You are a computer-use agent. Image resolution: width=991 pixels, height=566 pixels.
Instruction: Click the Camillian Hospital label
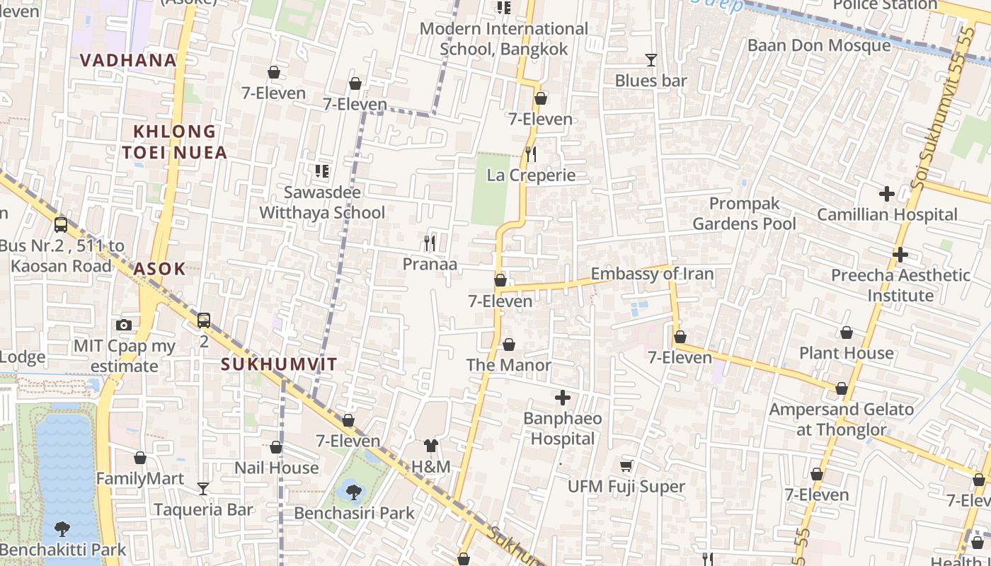click(x=887, y=214)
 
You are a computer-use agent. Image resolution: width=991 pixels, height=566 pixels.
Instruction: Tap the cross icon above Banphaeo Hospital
click(x=563, y=398)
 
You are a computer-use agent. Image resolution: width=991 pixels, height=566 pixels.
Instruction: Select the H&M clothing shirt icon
click(x=430, y=446)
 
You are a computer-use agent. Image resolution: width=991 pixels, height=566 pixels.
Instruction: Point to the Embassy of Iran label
click(x=652, y=274)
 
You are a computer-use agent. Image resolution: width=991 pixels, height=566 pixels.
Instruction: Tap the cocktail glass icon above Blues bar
click(x=651, y=60)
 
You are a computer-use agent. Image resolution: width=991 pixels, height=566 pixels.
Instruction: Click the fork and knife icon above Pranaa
click(x=430, y=243)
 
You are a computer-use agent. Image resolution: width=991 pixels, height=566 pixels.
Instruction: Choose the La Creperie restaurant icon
click(x=531, y=154)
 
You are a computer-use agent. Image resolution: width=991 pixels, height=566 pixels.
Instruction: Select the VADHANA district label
click(x=128, y=60)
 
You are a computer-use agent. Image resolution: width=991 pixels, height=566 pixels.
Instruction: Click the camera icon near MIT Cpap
click(x=124, y=325)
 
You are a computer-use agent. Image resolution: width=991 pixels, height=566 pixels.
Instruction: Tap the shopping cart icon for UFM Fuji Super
click(x=626, y=466)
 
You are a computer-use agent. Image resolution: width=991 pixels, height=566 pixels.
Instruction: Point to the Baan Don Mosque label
click(x=819, y=45)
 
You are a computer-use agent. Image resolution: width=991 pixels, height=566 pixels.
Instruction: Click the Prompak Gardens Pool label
click(x=744, y=214)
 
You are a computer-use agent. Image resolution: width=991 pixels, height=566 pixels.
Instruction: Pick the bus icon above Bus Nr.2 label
click(x=61, y=225)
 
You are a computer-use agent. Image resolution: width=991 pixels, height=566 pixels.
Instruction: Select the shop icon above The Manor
click(x=508, y=345)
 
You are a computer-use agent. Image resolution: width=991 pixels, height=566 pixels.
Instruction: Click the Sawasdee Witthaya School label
click(x=322, y=202)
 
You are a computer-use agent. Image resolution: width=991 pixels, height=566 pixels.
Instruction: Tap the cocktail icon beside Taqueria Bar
click(x=203, y=488)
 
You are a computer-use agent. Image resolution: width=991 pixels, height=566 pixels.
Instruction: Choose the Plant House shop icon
click(x=846, y=333)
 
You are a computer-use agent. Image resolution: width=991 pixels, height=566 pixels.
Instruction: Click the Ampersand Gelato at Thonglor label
click(x=841, y=419)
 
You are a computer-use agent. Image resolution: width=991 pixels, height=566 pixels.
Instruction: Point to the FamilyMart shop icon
click(x=140, y=458)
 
